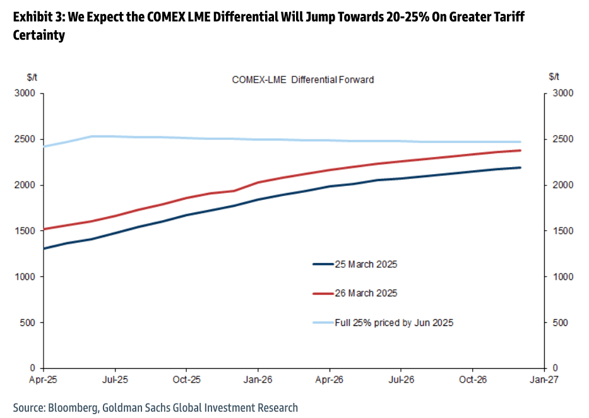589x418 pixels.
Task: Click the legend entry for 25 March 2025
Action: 366,264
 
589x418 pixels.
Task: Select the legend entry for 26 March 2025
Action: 366,293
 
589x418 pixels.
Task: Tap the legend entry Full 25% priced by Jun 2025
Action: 394,323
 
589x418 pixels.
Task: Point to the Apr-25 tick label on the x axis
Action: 43,380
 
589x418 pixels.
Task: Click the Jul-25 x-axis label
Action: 114,380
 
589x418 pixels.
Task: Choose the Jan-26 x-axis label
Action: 258,380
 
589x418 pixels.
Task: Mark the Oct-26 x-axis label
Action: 472,380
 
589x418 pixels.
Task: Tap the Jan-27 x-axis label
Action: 544,380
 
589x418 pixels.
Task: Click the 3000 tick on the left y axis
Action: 25,93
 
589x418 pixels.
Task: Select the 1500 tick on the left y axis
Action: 25,231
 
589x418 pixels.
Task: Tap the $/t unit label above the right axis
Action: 554,77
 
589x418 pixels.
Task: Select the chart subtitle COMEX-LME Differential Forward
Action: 302,80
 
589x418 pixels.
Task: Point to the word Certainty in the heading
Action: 39,36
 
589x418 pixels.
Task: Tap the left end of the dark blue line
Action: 43,248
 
